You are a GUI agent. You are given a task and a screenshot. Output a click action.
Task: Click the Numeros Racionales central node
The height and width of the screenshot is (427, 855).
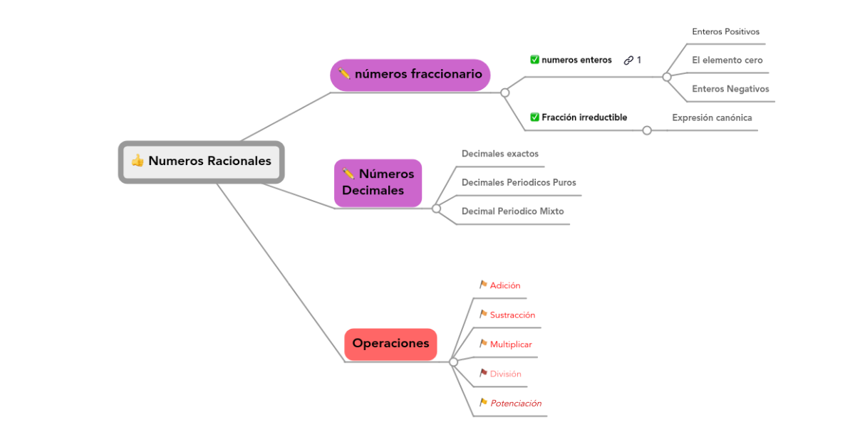pyautogui.click(x=202, y=162)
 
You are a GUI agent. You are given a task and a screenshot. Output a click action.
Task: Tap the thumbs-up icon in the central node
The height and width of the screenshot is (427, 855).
pyautogui.click(x=138, y=161)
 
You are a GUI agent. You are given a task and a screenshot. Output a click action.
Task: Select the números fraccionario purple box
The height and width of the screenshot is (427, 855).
pyautogui.click(x=410, y=75)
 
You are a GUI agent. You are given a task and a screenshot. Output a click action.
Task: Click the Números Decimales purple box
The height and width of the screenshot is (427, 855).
pyautogui.click(x=378, y=183)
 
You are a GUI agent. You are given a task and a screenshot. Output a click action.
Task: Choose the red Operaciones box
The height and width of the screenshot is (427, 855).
pyautogui.click(x=390, y=344)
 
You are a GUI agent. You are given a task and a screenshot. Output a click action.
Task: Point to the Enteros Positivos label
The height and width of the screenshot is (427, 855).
pyautogui.click(x=725, y=32)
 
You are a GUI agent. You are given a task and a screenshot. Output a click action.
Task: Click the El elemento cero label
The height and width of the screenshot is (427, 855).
pyautogui.click(x=727, y=60)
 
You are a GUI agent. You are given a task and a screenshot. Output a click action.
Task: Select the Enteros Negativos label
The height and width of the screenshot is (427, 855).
pyautogui.click(x=730, y=89)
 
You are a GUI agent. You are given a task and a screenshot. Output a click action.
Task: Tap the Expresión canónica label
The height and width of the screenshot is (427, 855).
pyautogui.click(x=712, y=118)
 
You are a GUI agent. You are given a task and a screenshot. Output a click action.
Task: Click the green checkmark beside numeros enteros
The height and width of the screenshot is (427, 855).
pyautogui.click(x=534, y=60)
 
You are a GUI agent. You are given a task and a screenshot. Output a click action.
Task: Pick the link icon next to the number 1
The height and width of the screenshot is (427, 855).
pyautogui.click(x=628, y=60)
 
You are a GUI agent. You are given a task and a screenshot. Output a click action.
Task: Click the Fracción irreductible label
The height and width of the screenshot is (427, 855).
pyautogui.click(x=584, y=117)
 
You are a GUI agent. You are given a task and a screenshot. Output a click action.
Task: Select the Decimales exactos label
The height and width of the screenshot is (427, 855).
pyautogui.click(x=499, y=154)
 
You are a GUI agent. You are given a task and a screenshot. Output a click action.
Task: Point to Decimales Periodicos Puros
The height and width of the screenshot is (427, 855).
pyautogui.click(x=519, y=183)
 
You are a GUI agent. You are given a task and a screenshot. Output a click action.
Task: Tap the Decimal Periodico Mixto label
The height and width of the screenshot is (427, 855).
pyautogui.click(x=512, y=211)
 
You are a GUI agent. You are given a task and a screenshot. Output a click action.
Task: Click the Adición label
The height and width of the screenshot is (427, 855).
pyautogui.click(x=505, y=286)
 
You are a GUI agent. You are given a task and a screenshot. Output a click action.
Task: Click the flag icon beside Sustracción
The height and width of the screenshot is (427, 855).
pyautogui.click(x=483, y=315)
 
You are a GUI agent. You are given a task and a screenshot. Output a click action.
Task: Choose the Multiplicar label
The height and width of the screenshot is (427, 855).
pyautogui.click(x=511, y=344)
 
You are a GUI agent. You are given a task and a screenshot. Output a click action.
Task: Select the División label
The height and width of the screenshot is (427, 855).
pyautogui.click(x=506, y=374)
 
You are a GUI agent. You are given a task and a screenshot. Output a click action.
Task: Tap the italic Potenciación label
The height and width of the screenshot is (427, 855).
pyautogui.click(x=516, y=404)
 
